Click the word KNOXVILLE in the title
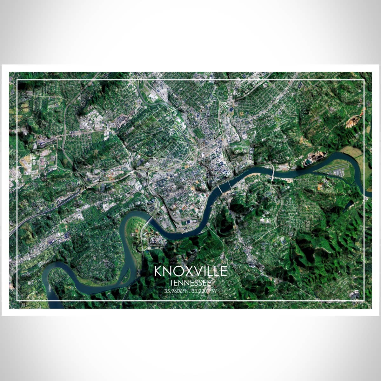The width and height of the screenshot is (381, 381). [191, 271]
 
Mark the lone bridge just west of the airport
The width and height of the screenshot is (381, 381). [272, 173]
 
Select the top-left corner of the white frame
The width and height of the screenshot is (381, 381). [17, 80]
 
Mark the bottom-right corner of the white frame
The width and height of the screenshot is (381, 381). [364, 300]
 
